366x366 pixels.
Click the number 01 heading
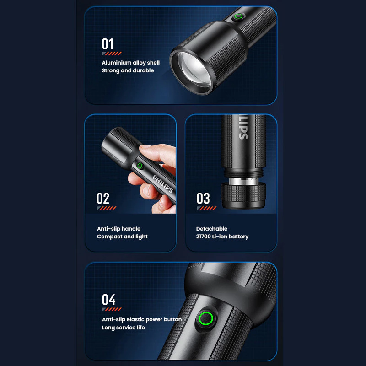[108, 44]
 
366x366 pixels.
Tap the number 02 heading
[102, 199]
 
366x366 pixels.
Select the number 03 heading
[203, 199]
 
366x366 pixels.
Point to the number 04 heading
[108, 300]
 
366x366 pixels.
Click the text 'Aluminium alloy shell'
[131, 63]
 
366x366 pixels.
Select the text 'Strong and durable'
[128, 70]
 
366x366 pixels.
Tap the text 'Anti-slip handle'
[118, 229]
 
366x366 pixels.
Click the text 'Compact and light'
[122, 237]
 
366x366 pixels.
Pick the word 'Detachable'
[212, 229]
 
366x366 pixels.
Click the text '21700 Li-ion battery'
[222, 237]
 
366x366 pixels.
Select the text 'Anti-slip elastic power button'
[142, 319]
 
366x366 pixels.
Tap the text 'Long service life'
[123, 328]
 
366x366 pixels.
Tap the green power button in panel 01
[238, 16]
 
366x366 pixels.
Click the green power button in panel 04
[205, 318]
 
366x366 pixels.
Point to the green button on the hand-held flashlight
[140, 166]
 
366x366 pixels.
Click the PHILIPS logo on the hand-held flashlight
[163, 184]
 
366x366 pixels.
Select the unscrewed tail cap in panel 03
[243, 195]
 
